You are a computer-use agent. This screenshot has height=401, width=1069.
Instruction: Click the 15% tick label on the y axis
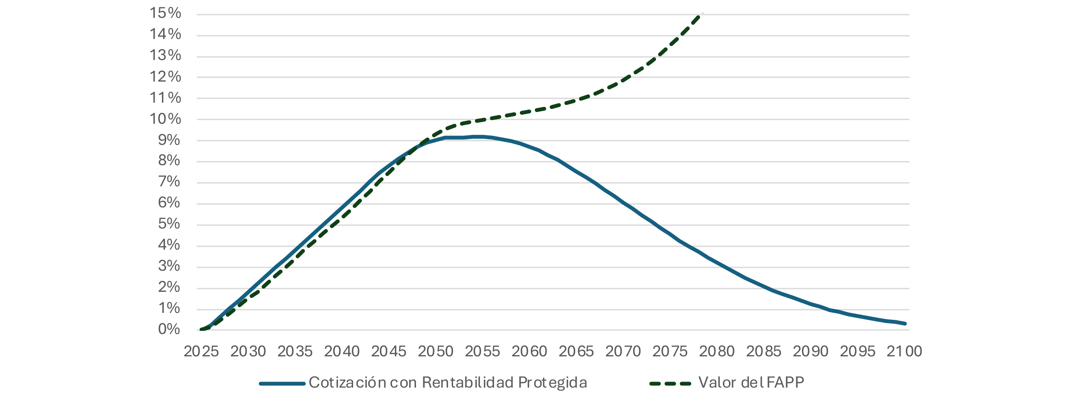pyautogui.click(x=165, y=13)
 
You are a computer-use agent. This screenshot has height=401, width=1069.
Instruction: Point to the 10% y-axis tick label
pyautogui.click(x=165, y=119)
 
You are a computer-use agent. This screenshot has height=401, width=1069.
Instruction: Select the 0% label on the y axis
pyautogui.click(x=169, y=330)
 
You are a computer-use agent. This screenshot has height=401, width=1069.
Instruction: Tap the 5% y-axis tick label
pyautogui.click(x=169, y=224)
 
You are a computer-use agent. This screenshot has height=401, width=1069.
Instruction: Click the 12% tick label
pyautogui.click(x=165, y=77)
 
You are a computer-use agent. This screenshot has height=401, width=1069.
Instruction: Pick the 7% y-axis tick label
pyautogui.click(x=169, y=182)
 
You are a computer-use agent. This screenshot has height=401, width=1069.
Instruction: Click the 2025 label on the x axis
pyautogui.click(x=201, y=351)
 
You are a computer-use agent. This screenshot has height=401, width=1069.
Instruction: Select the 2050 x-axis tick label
pyautogui.click(x=435, y=351)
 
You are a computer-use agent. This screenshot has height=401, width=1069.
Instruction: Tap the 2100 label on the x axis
pyautogui.click(x=904, y=351)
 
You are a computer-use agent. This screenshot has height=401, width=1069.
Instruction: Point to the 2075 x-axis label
pyautogui.click(x=670, y=351)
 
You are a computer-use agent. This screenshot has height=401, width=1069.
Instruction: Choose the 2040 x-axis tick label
pyautogui.click(x=342, y=351)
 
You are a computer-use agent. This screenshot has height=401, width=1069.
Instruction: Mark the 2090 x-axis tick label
pyautogui.click(x=810, y=351)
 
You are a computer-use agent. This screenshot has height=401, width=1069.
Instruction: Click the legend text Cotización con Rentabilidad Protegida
pyautogui.click(x=448, y=383)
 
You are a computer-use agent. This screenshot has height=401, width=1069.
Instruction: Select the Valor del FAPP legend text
pyautogui.click(x=751, y=383)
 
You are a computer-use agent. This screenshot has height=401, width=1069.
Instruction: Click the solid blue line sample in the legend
pyautogui.click(x=282, y=384)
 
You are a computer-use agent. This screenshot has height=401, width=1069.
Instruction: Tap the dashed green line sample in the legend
pyautogui.click(x=670, y=384)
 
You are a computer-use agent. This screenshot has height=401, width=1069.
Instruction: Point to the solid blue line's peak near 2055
pyautogui.click(x=477, y=136)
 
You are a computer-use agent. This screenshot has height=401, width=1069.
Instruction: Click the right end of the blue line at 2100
pyautogui.click(x=905, y=323)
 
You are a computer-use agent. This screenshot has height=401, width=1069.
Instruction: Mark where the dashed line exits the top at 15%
pyautogui.click(x=700, y=15)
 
